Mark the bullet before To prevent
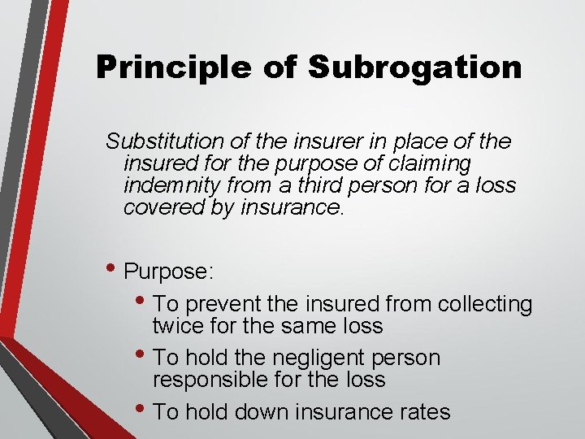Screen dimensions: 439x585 click(143, 304)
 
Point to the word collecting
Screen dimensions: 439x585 click(484, 305)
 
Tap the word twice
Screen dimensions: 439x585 click(176, 326)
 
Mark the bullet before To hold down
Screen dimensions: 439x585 click(143, 411)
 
